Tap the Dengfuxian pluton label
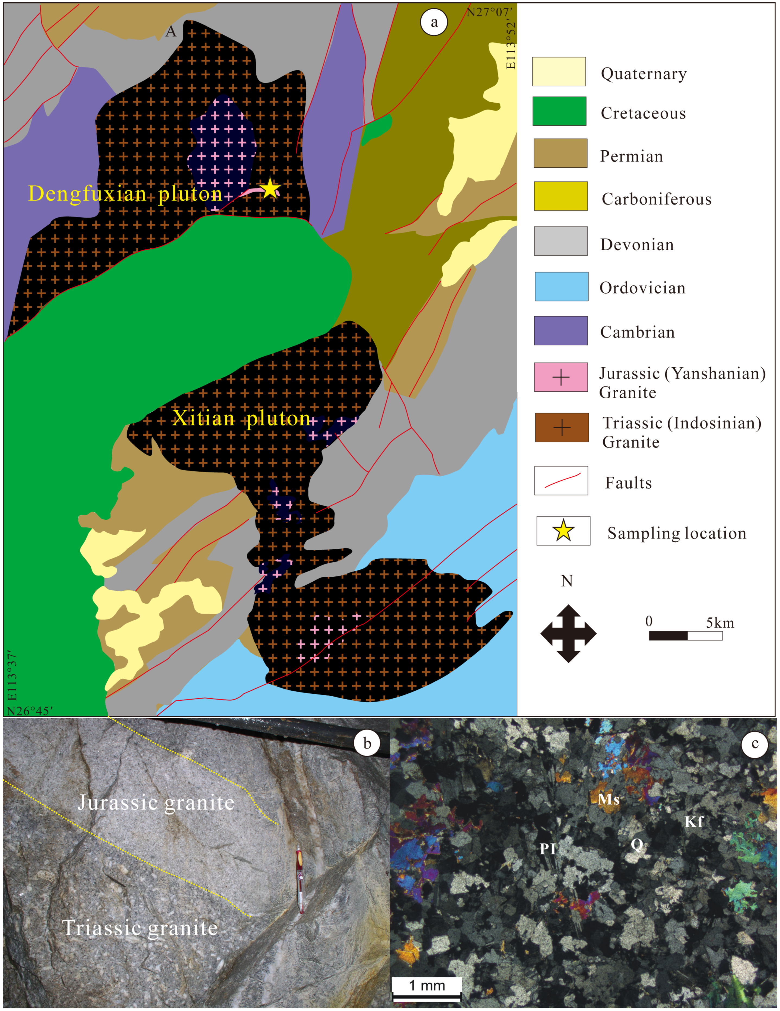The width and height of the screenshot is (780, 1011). (x=125, y=193)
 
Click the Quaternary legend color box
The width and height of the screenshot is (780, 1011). (x=559, y=72)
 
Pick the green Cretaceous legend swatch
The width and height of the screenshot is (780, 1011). (x=559, y=111)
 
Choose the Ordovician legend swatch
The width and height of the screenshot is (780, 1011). (x=562, y=286)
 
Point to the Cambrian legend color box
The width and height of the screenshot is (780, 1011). (x=561, y=330)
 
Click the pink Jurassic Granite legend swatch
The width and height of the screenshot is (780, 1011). (x=561, y=377)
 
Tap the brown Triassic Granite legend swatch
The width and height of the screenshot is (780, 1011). (x=562, y=427)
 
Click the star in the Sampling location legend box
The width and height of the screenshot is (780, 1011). (x=563, y=531)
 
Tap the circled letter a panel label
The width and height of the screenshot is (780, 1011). (x=434, y=22)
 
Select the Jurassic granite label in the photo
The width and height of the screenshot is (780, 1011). (x=156, y=802)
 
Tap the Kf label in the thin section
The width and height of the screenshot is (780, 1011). (x=693, y=822)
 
